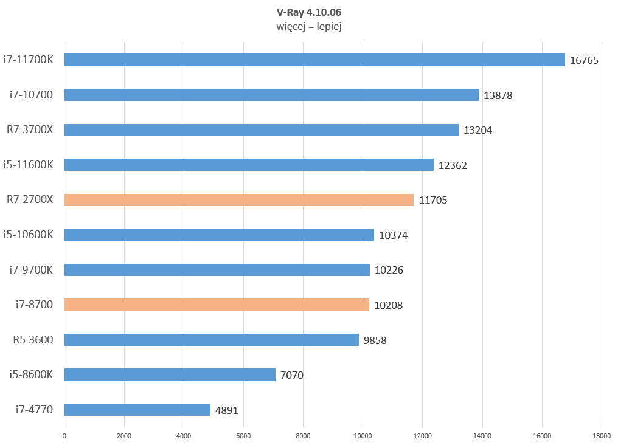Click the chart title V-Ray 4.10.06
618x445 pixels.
pos(308,12)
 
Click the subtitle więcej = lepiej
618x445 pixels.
pos(308,27)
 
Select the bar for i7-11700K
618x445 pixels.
pos(314,60)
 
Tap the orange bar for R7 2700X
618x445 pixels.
pos(238,200)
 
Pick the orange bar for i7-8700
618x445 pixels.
pos(216,305)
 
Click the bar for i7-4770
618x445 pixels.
pos(137,410)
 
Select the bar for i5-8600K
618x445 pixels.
pos(170,375)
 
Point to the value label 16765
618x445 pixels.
pos(584,60)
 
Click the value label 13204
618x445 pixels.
pos(477,130)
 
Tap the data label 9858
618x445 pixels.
pos(375,340)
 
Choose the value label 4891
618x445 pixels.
pos(226,410)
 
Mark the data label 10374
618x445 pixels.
pos(393,235)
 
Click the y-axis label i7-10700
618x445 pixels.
pos(31,94)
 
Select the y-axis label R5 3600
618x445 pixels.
pos(33,339)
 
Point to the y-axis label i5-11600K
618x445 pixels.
pos(28,164)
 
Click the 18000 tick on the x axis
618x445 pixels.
pos(602,435)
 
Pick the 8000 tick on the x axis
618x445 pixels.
pos(303,435)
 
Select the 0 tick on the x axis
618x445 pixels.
pos(64,435)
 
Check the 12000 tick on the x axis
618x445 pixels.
pos(422,435)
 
